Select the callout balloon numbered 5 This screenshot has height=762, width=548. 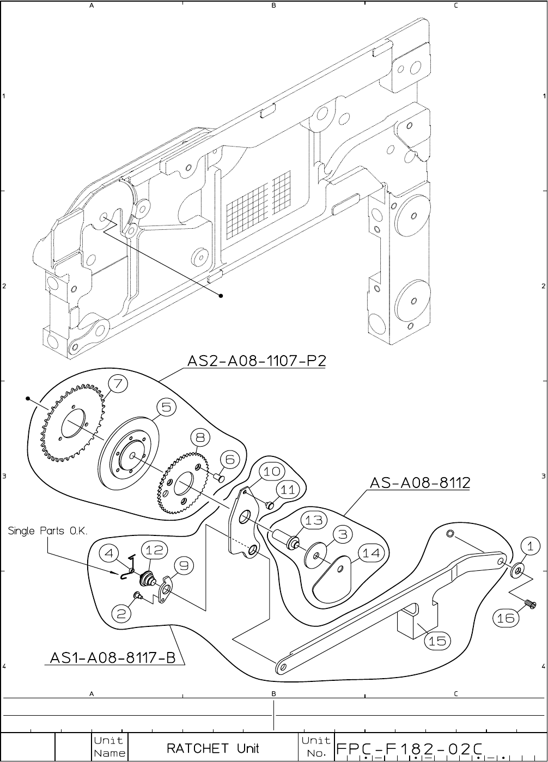tap(167, 407)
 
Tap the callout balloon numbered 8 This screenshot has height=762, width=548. tap(200, 437)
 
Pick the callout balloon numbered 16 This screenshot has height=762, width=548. tap(506, 618)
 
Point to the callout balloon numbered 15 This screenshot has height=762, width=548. tap(437, 641)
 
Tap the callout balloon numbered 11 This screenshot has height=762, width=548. tap(287, 490)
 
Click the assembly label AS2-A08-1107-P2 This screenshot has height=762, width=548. tap(257, 361)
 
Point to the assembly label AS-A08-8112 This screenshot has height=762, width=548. tap(419, 483)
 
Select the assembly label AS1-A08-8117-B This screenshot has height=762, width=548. tap(113, 659)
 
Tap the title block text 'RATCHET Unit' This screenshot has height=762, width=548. tap(213, 748)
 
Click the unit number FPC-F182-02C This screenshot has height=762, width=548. tap(409, 748)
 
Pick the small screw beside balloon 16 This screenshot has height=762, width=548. tap(529, 603)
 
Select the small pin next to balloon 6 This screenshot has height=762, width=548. tap(219, 478)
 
